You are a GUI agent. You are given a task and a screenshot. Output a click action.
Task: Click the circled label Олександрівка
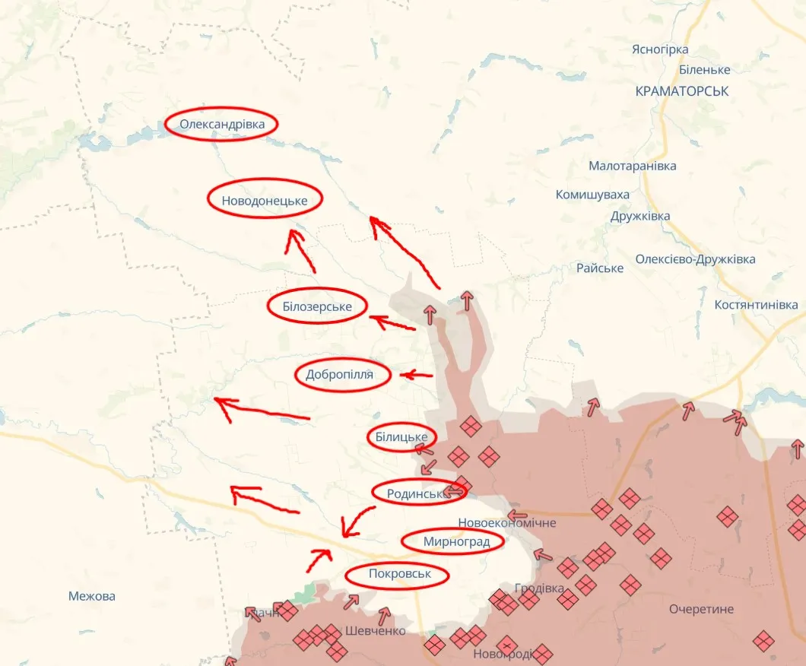click(x=221, y=124)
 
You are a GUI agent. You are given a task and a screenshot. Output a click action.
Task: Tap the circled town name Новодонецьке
click(x=265, y=201)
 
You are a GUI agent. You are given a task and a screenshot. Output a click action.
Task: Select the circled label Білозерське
click(x=317, y=306)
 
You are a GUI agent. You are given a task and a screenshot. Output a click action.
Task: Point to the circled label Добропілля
click(x=343, y=374)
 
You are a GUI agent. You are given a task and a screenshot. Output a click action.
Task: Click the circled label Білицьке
click(x=401, y=437)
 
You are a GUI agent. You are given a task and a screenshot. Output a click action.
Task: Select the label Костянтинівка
click(x=756, y=305)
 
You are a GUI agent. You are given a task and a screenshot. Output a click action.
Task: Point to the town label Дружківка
click(x=640, y=216)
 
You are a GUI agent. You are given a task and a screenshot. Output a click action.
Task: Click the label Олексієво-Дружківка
click(x=696, y=259)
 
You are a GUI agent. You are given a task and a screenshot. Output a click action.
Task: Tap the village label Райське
click(x=600, y=268)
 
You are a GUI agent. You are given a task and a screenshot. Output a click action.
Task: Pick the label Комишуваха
click(x=592, y=195)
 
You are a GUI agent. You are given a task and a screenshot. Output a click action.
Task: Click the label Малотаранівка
click(x=632, y=166)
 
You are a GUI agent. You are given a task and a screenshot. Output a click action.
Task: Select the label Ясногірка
click(x=660, y=49)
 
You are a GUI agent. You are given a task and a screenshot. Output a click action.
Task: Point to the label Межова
click(x=92, y=596)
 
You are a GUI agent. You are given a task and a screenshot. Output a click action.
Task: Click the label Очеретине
click(x=701, y=609)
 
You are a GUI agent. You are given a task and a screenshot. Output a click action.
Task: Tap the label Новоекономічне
click(x=507, y=523)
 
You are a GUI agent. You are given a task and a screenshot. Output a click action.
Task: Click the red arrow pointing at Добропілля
click(x=416, y=375)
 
